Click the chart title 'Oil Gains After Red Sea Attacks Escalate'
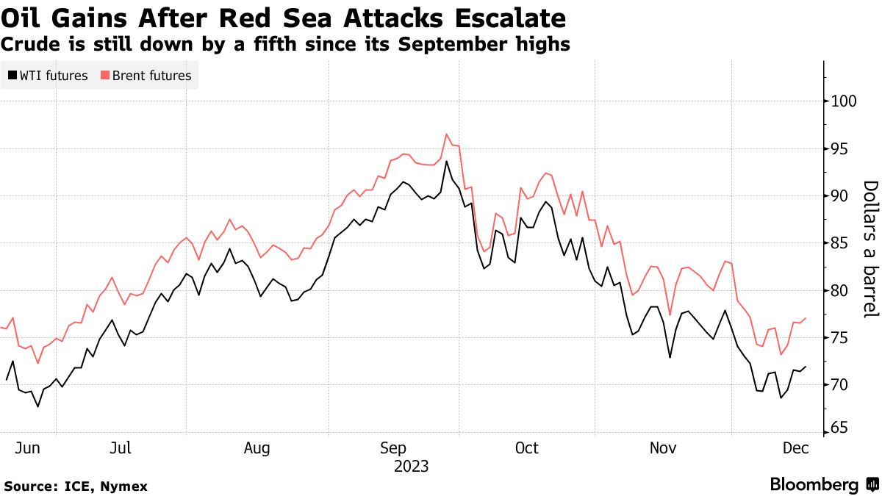[x=284, y=18]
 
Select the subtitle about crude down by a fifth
[x=286, y=45]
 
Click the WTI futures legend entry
[x=49, y=75]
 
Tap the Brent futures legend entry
[x=146, y=75]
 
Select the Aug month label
[x=258, y=448]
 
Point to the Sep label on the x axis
[x=395, y=448]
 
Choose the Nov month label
[x=664, y=448]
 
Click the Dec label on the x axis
[x=795, y=448]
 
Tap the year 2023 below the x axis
[x=412, y=466]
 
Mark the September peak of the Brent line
[x=446, y=134]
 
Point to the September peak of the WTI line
[x=446, y=162]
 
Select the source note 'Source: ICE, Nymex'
[x=76, y=486]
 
